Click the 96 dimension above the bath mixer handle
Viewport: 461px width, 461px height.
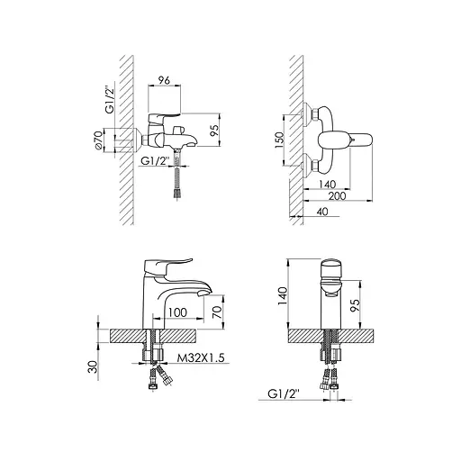click(x=164, y=80)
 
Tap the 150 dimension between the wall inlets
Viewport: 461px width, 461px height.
click(x=279, y=140)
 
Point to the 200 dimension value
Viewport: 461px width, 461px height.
click(x=337, y=196)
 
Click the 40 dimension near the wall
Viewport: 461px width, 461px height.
click(x=322, y=212)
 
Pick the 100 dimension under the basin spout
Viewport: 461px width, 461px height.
click(x=177, y=312)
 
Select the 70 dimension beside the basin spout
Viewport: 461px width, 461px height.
click(x=219, y=312)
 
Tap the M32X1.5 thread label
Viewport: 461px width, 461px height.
click(x=201, y=357)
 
